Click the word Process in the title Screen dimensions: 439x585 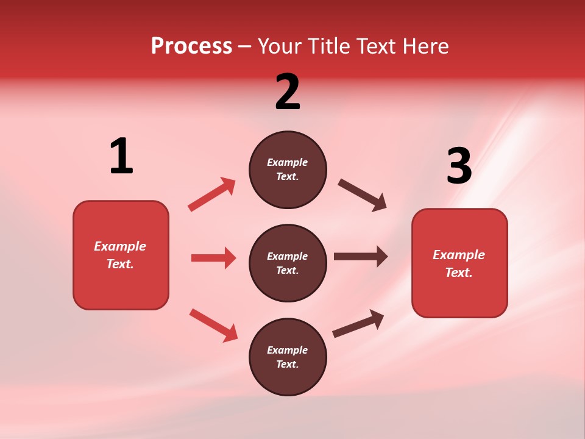(x=191, y=46)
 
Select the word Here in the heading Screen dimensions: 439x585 (x=424, y=46)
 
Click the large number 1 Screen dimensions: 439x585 (x=121, y=156)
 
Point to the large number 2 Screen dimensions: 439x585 (x=288, y=93)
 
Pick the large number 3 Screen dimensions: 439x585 (x=459, y=166)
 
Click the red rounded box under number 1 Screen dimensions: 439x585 (x=121, y=255)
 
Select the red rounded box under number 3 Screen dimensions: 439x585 (x=459, y=263)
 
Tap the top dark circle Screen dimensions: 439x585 (x=288, y=170)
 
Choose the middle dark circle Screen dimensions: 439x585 (x=288, y=263)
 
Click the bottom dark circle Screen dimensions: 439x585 (x=288, y=357)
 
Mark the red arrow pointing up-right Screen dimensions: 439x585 (x=212, y=194)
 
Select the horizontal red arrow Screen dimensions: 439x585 (x=213, y=258)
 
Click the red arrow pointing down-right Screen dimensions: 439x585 (x=214, y=325)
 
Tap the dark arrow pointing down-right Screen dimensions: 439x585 (x=363, y=195)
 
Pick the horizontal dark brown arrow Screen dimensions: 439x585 (x=361, y=257)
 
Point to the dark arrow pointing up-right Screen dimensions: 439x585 (x=358, y=323)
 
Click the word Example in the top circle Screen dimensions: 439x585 (x=288, y=162)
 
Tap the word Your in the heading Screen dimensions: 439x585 (x=278, y=46)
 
